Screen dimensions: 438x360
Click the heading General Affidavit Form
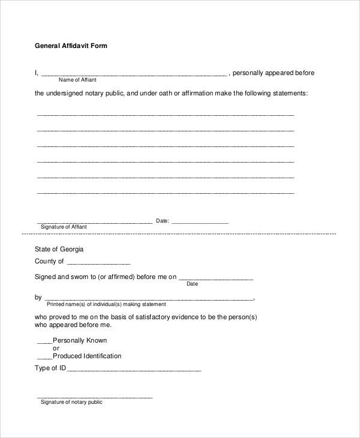click(x=71, y=46)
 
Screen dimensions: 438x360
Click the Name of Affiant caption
click(x=77, y=80)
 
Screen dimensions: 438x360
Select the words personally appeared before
click(x=273, y=73)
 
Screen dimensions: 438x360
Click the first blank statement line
click(x=166, y=115)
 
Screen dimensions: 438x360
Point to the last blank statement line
click(x=166, y=193)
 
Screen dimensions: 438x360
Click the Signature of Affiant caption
click(x=64, y=227)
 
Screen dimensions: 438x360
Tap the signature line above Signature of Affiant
click(x=95, y=223)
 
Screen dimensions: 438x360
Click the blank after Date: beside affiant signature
click(x=200, y=223)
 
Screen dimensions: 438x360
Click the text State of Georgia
click(x=59, y=248)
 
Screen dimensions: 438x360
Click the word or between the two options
click(x=56, y=348)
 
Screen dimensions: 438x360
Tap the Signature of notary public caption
click(x=71, y=402)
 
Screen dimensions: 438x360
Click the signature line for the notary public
click(x=95, y=398)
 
